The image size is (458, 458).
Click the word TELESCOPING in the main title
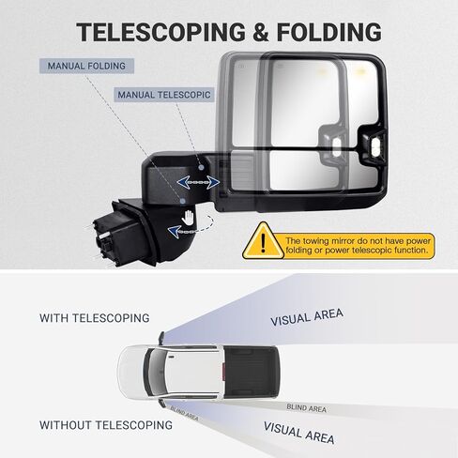pyautogui.click(x=160, y=32)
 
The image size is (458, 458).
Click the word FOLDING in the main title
pyautogui.click(x=328, y=32)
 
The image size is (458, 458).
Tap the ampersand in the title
pyautogui.click(x=261, y=32)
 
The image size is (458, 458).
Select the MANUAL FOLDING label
pyautogui.click(x=86, y=66)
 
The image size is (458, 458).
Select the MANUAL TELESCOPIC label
pyautogui.click(x=164, y=95)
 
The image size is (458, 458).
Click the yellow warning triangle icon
pyautogui.click(x=263, y=240)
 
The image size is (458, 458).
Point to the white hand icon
pyautogui.click(x=188, y=217)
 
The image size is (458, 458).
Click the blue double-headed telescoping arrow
pyautogui.click(x=198, y=182)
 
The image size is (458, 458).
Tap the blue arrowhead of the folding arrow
pyautogui.click(x=174, y=232)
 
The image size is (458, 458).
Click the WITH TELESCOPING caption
pyautogui.click(x=95, y=318)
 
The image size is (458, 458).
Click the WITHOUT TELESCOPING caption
pyautogui.click(x=106, y=425)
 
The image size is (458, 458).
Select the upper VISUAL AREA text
pyautogui.click(x=307, y=317)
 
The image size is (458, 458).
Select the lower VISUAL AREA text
pyautogui.click(x=299, y=433)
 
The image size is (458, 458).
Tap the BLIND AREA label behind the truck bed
pyautogui.click(x=307, y=408)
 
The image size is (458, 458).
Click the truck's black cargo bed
pyautogui.click(x=251, y=373)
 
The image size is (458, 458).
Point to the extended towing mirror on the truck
pyautogui.click(x=161, y=339)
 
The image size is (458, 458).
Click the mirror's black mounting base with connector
pyautogui.click(x=125, y=233)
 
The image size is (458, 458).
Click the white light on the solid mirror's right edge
pyautogui.click(x=375, y=145)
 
